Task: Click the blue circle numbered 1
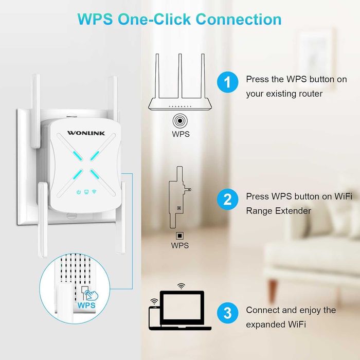click(227, 83)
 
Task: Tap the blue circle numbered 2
click(227, 199)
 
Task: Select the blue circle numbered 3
click(227, 312)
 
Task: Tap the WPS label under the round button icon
click(181, 135)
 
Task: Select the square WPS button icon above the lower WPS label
click(180, 236)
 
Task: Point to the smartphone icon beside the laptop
click(154, 316)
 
